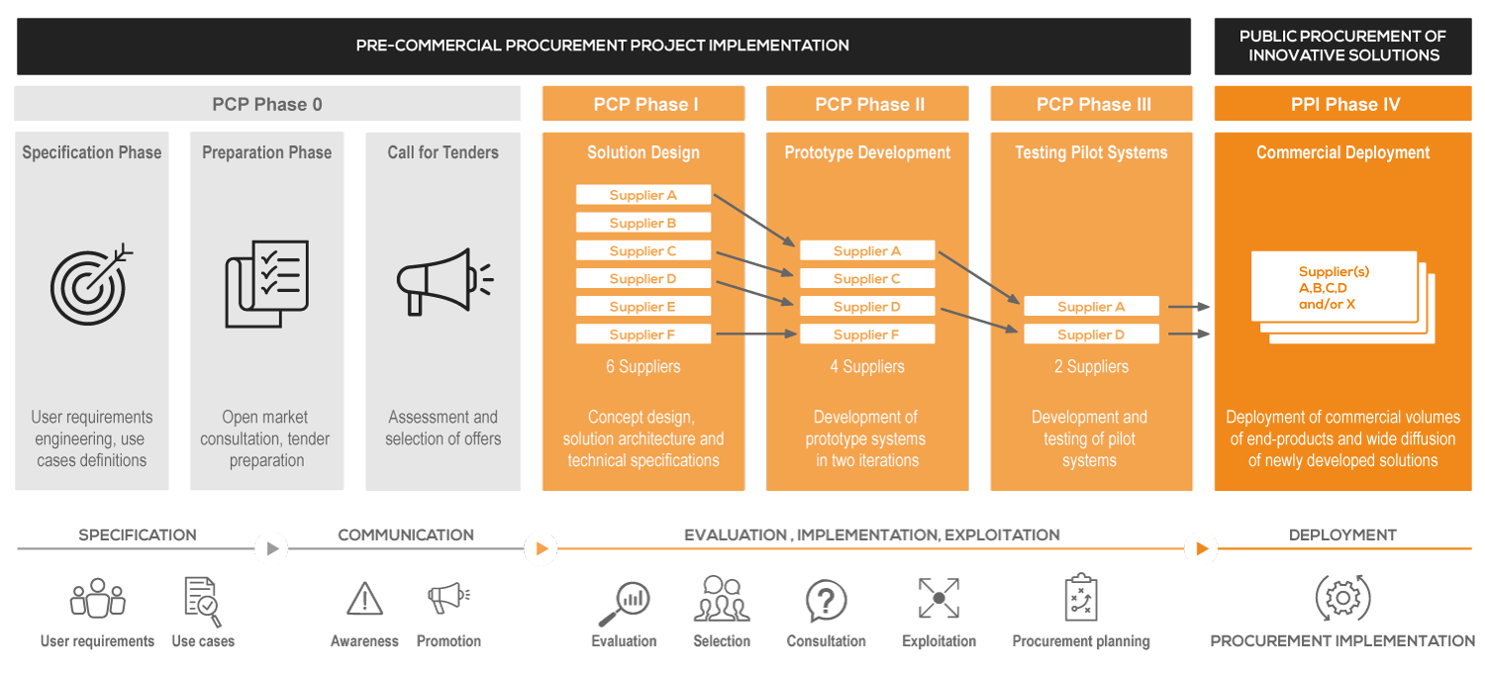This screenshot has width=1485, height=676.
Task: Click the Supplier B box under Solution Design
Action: click(643, 223)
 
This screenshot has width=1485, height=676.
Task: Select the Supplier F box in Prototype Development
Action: click(867, 335)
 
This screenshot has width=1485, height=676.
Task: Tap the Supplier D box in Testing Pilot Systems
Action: click(1091, 335)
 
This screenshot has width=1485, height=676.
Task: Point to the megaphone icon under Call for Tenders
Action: click(443, 282)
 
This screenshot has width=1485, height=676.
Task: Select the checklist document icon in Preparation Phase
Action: click(266, 283)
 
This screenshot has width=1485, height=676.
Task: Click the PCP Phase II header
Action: click(868, 104)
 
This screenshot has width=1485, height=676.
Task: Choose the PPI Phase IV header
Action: click(1344, 104)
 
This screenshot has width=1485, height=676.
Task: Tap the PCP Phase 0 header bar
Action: click(267, 104)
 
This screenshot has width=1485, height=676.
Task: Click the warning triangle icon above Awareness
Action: click(364, 599)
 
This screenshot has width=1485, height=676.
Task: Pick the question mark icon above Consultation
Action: click(826, 600)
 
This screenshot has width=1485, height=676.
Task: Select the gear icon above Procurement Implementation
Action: click(1342, 598)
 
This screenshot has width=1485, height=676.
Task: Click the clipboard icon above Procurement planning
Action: click(1081, 598)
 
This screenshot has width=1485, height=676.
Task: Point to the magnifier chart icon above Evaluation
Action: click(624, 600)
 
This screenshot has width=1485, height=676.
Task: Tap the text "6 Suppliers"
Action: click(643, 366)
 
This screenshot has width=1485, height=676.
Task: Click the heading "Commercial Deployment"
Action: click(1343, 152)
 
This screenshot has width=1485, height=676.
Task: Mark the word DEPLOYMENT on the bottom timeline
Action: click(1342, 534)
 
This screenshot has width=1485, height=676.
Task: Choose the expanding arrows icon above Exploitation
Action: click(939, 599)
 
